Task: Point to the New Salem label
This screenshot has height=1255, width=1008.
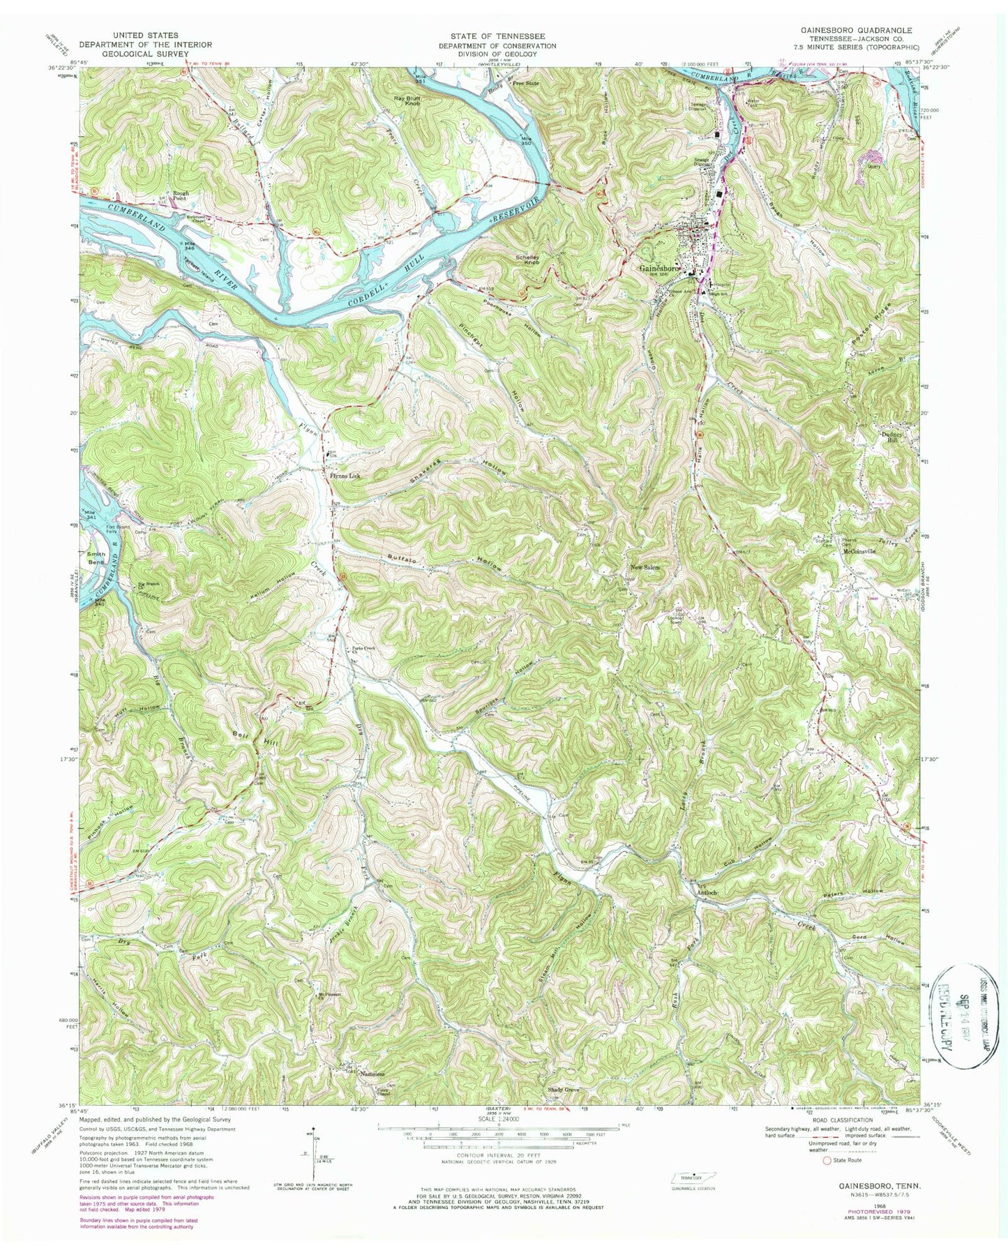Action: (x=644, y=568)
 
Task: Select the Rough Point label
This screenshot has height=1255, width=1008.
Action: (x=176, y=195)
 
